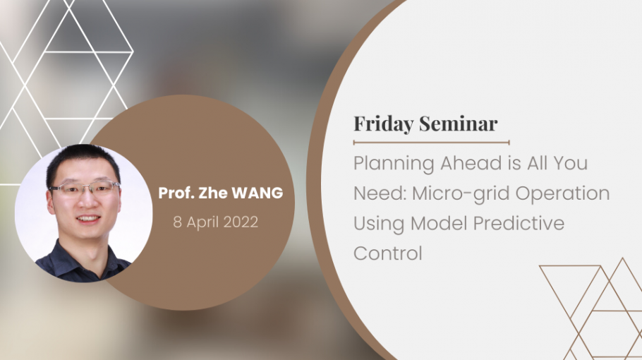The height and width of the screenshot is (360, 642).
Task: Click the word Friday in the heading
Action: click(384, 124)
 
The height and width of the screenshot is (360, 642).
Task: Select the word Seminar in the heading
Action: click(458, 124)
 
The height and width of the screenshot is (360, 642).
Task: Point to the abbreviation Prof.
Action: click(176, 193)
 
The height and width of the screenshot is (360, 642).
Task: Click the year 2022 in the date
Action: click(241, 222)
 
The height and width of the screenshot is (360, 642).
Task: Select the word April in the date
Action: click(202, 223)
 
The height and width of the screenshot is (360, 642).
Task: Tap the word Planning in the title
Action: click(394, 164)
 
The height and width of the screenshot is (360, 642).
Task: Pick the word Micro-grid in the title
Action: click(461, 193)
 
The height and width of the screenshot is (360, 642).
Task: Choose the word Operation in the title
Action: click(562, 193)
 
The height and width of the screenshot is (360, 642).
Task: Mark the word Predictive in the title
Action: click(519, 223)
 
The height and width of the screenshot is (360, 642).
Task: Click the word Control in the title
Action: click(388, 253)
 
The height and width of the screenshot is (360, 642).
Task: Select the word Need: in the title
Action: click(380, 193)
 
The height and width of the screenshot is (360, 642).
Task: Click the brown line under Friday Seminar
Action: click(432, 143)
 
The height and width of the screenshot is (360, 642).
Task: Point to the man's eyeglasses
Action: click(85, 188)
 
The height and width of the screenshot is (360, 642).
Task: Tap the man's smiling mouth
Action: click(87, 219)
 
